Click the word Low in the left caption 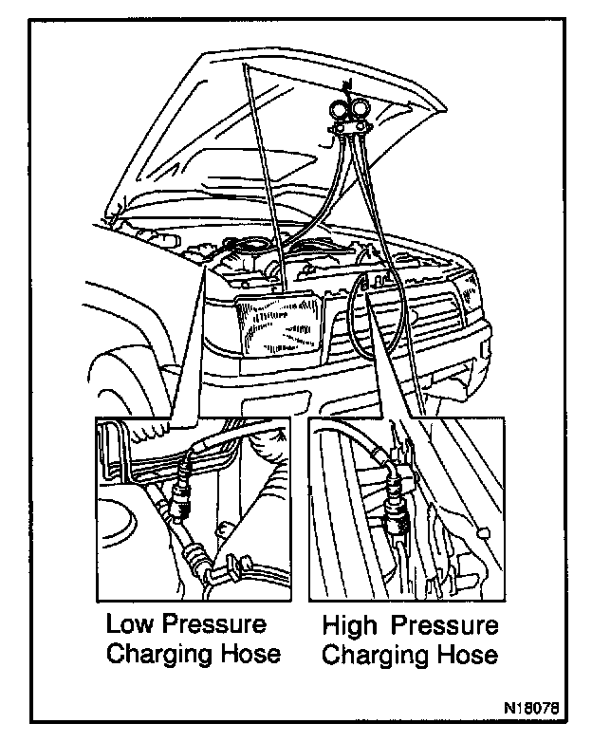pos(128,625)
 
